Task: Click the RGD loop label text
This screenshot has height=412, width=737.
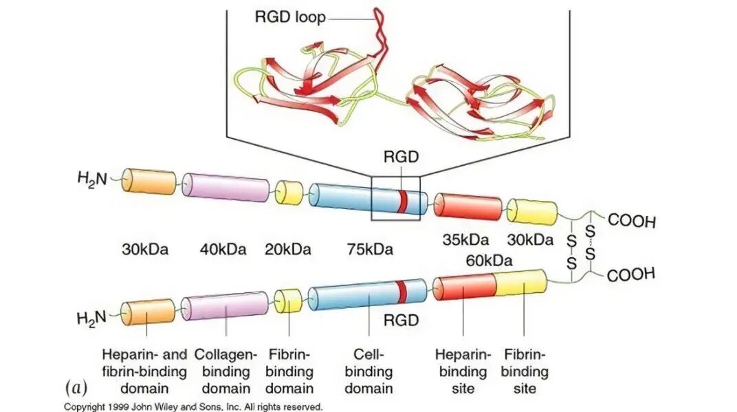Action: (x=290, y=17)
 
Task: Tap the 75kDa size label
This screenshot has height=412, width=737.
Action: (x=370, y=249)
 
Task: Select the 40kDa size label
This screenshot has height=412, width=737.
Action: (x=223, y=249)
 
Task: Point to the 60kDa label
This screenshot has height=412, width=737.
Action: (x=489, y=260)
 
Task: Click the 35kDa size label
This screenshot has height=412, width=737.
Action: (x=466, y=240)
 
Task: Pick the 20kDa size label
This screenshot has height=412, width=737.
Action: (x=287, y=249)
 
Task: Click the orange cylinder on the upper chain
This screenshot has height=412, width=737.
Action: (x=149, y=181)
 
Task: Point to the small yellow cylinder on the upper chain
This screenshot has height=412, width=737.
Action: (x=289, y=193)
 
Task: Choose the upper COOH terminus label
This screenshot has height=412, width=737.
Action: (x=631, y=220)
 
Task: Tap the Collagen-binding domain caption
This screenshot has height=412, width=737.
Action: (x=226, y=371)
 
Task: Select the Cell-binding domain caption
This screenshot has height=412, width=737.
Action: (x=368, y=371)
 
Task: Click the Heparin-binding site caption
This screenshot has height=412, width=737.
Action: (x=463, y=371)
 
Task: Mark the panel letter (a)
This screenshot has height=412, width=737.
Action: (x=76, y=388)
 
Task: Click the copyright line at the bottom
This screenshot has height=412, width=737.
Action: (x=193, y=406)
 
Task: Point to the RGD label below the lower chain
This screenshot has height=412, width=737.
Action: (x=401, y=321)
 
